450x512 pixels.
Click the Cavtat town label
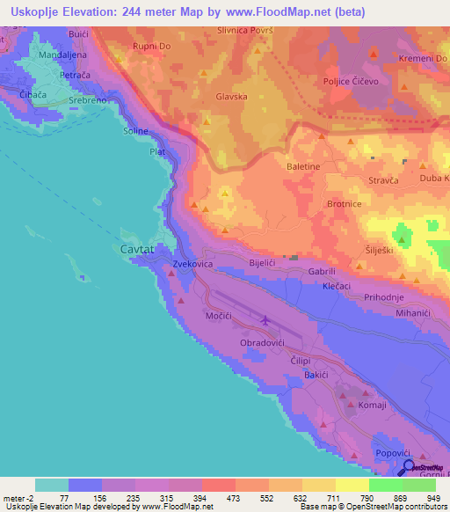136,250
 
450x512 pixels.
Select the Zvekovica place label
195,264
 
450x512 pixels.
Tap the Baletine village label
304,165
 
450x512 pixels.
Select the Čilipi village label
301,361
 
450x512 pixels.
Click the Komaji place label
373,405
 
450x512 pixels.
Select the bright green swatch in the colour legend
385,485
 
